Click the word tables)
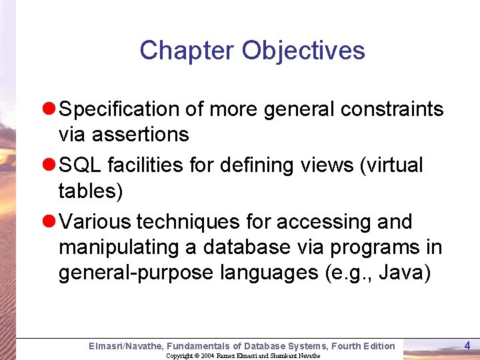[91, 191]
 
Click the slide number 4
[467, 345]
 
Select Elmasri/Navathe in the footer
[125, 345]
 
